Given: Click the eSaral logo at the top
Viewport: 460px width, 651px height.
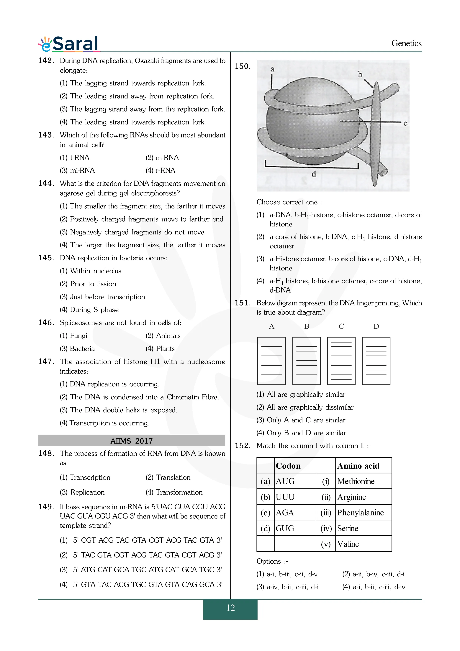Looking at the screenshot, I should pyautogui.click(x=69, y=44).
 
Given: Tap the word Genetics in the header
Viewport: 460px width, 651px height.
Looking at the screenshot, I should pyautogui.click(x=406, y=43).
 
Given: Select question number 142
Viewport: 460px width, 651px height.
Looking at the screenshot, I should pyautogui.click(x=46, y=61).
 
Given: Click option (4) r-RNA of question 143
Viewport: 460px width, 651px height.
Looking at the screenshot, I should pyautogui.click(x=161, y=170).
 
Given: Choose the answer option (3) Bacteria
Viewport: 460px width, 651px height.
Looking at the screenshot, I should pyautogui.click(x=77, y=349).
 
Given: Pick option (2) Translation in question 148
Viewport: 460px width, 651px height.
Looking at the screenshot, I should pyautogui.click(x=168, y=477).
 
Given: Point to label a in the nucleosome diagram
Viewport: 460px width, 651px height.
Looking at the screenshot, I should pyautogui.click(x=272, y=69).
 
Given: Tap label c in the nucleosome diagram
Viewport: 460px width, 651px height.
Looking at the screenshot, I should pyautogui.click(x=405, y=123).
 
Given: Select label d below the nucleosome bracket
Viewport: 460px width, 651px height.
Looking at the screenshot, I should pyautogui.click(x=313, y=174).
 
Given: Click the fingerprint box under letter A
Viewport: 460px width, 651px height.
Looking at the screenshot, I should pyautogui.click(x=271, y=361).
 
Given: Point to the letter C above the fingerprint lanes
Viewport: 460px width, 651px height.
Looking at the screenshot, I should pyautogui.click(x=341, y=326).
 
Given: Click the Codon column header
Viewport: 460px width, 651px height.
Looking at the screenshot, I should pyautogui.click(x=288, y=466).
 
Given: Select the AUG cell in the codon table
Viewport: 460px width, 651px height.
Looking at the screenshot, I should pyautogui.click(x=285, y=481).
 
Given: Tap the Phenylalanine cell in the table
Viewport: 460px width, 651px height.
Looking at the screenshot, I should pyautogui.click(x=360, y=513).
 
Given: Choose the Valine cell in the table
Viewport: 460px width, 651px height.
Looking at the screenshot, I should pyautogui.click(x=348, y=544).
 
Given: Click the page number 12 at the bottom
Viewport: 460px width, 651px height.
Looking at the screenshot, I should pyautogui.click(x=230, y=608).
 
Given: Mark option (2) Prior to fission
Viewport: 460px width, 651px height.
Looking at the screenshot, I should pyautogui.click(x=88, y=284).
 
